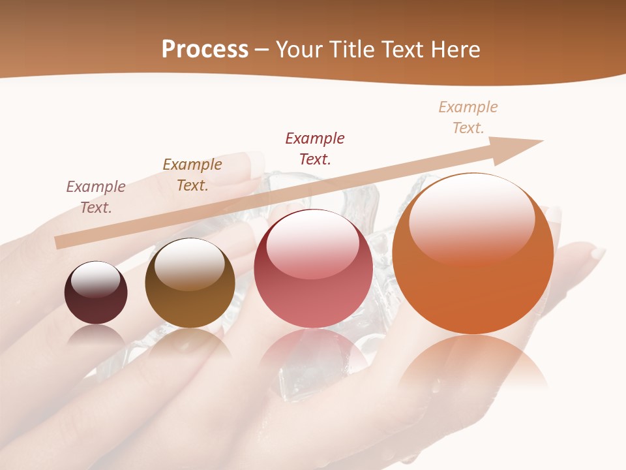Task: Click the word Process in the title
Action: tap(205, 50)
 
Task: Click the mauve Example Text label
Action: tap(96, 196)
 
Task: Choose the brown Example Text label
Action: tap(192, 174)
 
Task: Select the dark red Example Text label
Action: tap(315, 148)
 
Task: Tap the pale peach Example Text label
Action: tap(468, 117)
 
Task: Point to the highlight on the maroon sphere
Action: tap(95, 279)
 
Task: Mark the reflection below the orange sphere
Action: tap(473, 362)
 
